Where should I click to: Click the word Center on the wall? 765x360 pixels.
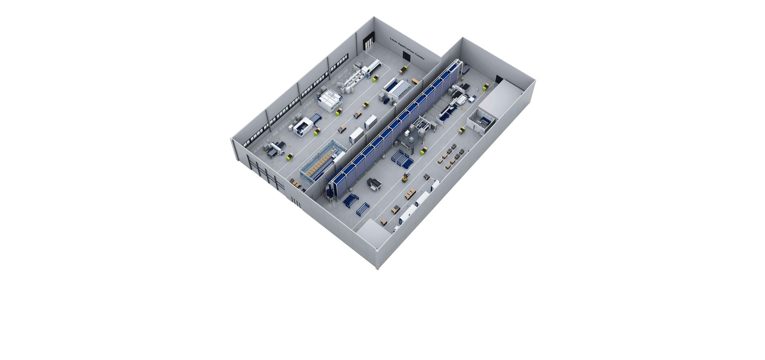point(420,57)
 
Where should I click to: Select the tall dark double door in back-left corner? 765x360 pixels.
point(369,40)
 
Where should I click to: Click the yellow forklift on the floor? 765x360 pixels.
point(406,177)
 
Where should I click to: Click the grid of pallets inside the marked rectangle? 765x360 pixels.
point(451,156)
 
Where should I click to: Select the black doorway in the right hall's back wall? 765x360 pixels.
point(499,79)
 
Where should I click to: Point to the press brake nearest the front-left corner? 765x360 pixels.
point(274,148)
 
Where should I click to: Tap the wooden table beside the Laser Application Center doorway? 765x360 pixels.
point(415,81)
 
